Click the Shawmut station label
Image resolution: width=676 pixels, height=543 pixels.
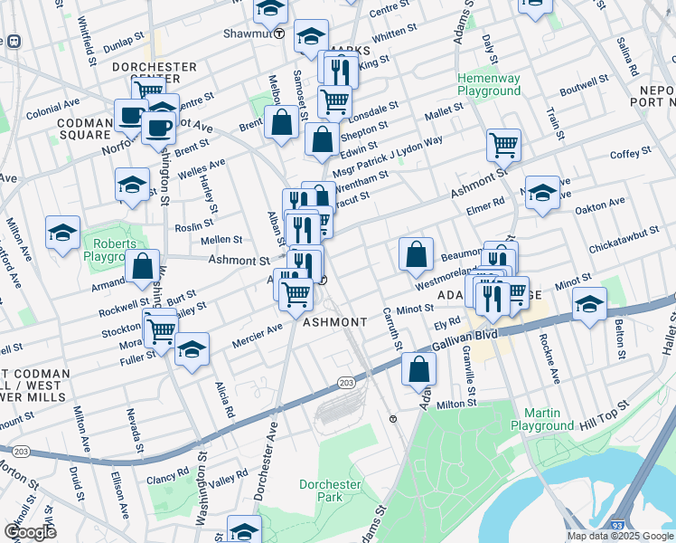pos(247,33)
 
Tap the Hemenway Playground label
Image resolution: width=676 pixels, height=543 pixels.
pos(489,85)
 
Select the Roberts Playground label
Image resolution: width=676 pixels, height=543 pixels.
pos(111,250)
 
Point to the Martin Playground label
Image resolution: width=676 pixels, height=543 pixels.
pos(542,419)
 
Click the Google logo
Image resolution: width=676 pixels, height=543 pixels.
pos(30,531)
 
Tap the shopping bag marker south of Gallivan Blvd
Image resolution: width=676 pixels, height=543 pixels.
pos(418,369)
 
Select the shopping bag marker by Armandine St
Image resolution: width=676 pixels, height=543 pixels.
pos(143,267)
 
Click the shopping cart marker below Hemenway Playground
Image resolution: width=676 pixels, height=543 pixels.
pos(503,144)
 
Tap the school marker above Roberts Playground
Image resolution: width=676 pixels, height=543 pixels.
pos(133,185)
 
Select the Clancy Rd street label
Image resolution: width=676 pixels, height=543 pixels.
pos(169,472)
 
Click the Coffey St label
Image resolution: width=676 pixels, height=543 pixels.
pos(630,153)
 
